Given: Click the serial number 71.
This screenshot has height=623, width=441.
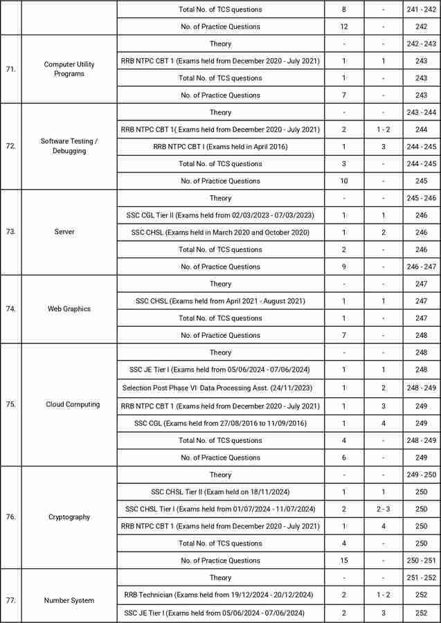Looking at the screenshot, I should [11, 69].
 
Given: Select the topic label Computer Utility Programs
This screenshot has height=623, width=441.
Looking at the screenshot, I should [69, 69].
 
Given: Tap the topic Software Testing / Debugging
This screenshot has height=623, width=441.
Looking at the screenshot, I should [69, 146].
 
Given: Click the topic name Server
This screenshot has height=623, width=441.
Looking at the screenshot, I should [69, 232].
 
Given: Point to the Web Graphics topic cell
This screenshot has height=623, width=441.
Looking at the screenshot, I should [69, 309].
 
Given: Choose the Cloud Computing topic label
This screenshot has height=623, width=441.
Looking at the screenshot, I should [73, 404].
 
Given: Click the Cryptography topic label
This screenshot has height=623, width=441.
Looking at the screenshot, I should [69, 517].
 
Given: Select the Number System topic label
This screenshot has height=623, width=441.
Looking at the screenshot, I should [69, 600].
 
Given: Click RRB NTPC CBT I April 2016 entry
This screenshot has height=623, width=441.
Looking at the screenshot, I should [220, 147].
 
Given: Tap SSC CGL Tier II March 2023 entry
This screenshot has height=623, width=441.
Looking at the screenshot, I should [220, 215].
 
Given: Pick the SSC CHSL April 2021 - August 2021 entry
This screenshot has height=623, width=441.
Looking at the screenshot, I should [220, 301].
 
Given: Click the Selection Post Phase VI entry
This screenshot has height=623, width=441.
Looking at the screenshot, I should [220, 388].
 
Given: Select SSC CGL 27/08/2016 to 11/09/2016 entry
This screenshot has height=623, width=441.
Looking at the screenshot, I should [220, 423].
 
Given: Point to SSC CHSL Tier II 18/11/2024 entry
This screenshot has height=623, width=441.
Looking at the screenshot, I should [220, 491].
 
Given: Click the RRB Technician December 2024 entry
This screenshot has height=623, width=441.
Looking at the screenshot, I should [220, 595].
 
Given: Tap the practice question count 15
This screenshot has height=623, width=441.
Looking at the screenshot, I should [344, 561].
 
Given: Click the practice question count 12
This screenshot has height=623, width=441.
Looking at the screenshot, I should [344, 26].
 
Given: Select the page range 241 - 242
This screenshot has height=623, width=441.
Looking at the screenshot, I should [422, 10].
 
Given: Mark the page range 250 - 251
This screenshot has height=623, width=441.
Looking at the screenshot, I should [422, 561].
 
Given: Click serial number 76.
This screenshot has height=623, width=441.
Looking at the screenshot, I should [11, 517].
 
